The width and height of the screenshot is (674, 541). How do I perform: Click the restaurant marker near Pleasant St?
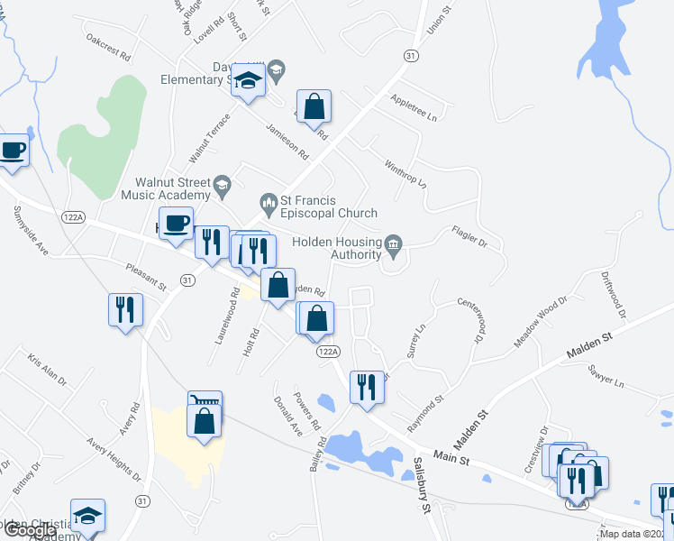[125, 309]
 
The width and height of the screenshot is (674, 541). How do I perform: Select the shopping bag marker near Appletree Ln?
[314, 106]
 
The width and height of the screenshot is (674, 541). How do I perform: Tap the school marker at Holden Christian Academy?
[87, 516]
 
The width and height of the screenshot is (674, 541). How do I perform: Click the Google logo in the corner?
[29, 530]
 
